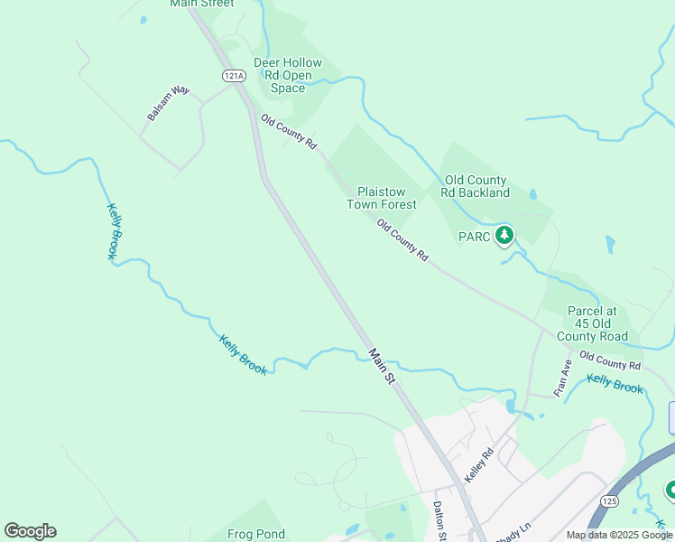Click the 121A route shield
click(x=234, y=76)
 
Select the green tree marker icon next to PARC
click(x=504, y=237)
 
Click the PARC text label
click(x=479, y=238)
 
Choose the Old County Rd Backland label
click(x=475, y=186)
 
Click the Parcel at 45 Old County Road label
click(x=597, y=323)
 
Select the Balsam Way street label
click(x=169, y=104)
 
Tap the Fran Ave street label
click(x=563, y=378)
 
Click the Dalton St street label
click(x=439, y=521)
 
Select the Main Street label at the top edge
click(x=201, y=4)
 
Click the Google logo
click(x=30, y=531)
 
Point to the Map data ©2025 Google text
click(x=619, y=535)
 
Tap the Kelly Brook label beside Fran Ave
click(x=615, y=384)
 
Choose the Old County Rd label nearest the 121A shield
click(x=289, y=132)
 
